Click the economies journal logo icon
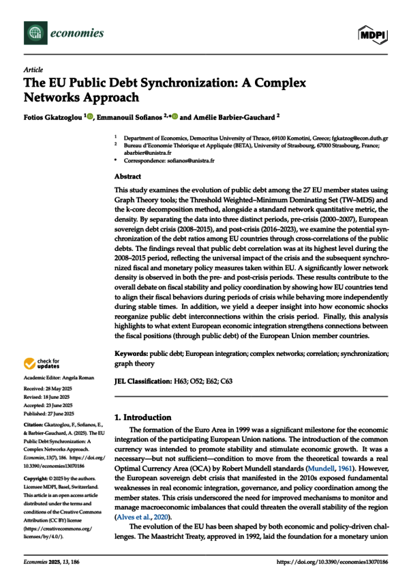pos(32,33)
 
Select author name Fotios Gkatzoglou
pos(52,117)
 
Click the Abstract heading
pos(127,175)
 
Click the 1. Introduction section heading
pos(145,416)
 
